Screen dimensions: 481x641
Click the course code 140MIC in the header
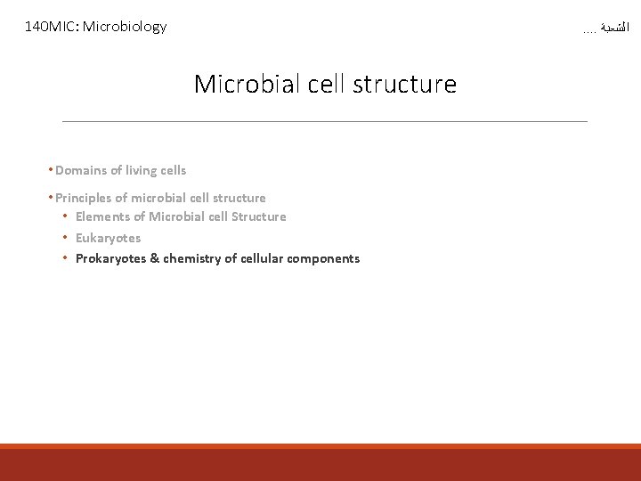tap(52, 27)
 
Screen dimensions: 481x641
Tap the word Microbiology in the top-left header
tap(125, 27)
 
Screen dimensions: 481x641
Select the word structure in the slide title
tap(404, 85)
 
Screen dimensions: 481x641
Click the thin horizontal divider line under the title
tap(325, 121)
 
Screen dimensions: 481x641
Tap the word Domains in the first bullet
tap(81, 170)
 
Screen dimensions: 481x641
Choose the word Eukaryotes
tap(108, 238)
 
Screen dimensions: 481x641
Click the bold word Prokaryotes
tap(111, 258)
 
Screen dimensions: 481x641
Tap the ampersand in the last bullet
tap(155, 258)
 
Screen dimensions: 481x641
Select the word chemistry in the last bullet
tap(191, 258)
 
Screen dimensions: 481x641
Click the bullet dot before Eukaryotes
tap(65, 238)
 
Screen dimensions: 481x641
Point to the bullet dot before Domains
tap(52, 170)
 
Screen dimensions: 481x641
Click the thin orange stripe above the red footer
tap(320, 446)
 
